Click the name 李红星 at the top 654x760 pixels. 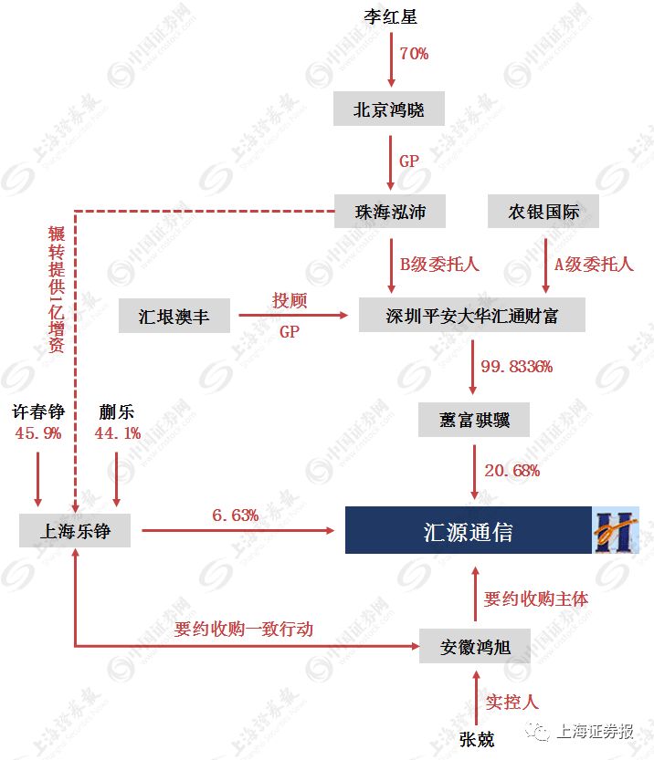390,17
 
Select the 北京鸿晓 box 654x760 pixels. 390,110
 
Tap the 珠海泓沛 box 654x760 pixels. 390,213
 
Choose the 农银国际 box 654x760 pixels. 544,213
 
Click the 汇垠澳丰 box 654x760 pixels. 174,317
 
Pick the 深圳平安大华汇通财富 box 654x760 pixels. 471,316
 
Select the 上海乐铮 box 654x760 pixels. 75,530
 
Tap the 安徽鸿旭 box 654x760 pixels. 476,647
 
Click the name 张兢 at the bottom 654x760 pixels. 476,738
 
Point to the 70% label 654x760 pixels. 414,54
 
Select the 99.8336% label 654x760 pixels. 517,367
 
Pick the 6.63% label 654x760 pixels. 236,515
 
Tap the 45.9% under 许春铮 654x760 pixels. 37,433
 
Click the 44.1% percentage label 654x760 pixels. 117,433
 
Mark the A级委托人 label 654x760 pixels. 594,265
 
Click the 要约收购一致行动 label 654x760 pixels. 243,630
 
